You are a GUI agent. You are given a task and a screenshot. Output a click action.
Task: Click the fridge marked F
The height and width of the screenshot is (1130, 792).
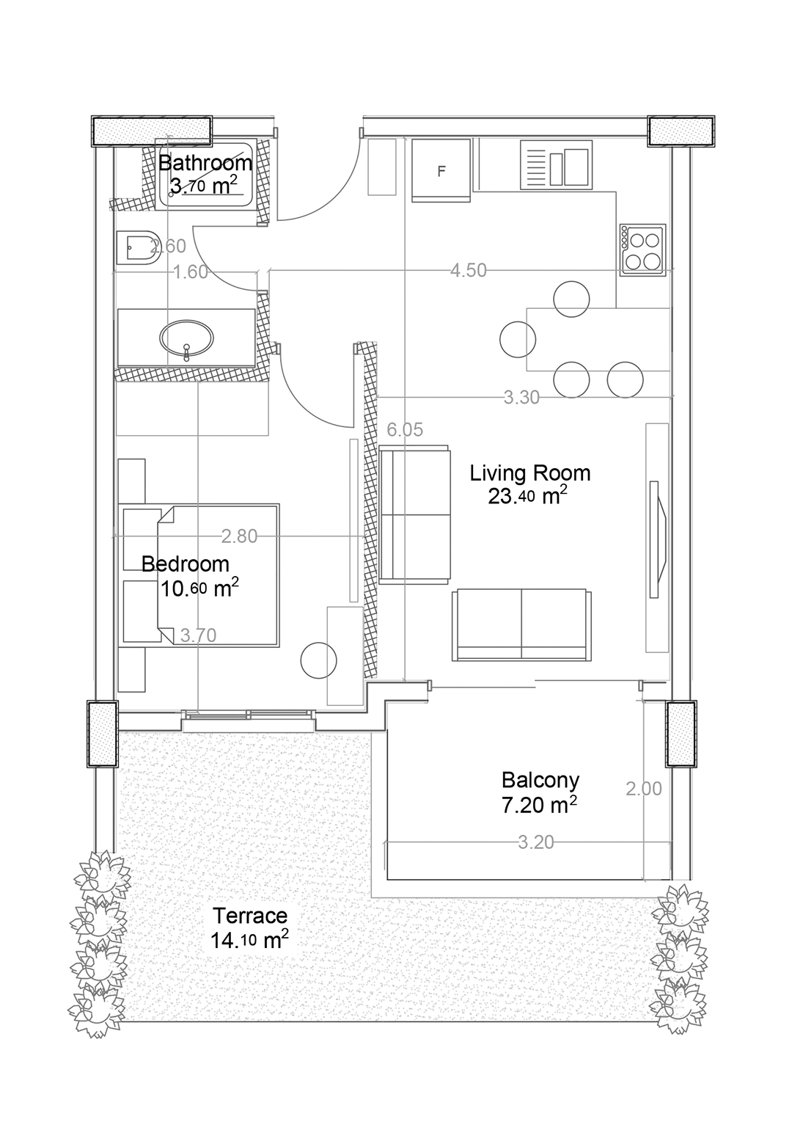[x=441, y=170]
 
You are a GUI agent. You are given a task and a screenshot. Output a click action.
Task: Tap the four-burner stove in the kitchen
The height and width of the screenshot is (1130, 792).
[x=643, y=249]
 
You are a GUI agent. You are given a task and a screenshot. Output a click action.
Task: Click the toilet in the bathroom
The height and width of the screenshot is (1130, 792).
[x=138, y=248]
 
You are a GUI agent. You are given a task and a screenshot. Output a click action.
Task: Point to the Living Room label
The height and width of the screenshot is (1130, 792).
[x=530, y=473]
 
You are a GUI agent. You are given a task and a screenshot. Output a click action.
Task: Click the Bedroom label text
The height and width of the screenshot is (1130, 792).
[x=185, y=564]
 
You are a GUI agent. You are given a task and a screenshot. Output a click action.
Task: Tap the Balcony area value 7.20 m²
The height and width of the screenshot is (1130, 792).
[x=539, y=804]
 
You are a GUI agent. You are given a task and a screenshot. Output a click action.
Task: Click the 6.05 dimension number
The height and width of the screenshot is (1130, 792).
[x=405, y=430]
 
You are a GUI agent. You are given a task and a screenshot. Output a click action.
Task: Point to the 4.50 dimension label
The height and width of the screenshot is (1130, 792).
[x=469, y=270]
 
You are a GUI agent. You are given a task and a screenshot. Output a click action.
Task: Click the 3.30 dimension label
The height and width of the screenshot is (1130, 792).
[x=522, y=398]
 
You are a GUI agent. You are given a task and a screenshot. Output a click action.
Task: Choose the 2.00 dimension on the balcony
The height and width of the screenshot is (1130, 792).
[x=644, y=789]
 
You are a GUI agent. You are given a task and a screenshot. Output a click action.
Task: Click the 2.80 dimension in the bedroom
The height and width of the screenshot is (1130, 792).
[x=240, y=536]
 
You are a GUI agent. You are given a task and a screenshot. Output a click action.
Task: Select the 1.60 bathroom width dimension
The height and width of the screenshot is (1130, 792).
[x=191, y=272]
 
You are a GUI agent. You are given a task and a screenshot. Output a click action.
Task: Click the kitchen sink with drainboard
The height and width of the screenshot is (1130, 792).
[x=556, y=165]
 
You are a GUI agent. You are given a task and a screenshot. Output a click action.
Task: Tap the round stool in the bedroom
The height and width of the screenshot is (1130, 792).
[x=318, y=660]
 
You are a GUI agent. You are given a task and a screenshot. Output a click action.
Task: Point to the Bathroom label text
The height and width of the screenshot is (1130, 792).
[x=205, y=163]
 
